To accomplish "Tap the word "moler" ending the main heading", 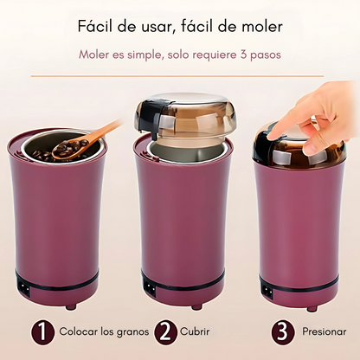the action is coord(261,27).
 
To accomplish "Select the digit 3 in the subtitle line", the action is coord(243,55).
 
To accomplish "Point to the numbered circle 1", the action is coord(42,331).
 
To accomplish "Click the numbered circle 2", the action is coord(165,331).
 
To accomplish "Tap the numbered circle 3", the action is coord(282,332).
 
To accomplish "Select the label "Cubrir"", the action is coord(195,331).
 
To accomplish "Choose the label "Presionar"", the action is coord(324,331).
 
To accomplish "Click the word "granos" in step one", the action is coord(132,332).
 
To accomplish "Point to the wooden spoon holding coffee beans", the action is coord(84,142).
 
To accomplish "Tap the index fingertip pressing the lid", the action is coord(274,133).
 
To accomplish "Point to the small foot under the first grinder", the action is coord(71,306).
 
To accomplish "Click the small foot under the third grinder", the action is coord(312,308).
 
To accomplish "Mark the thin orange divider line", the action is coord(177,76).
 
